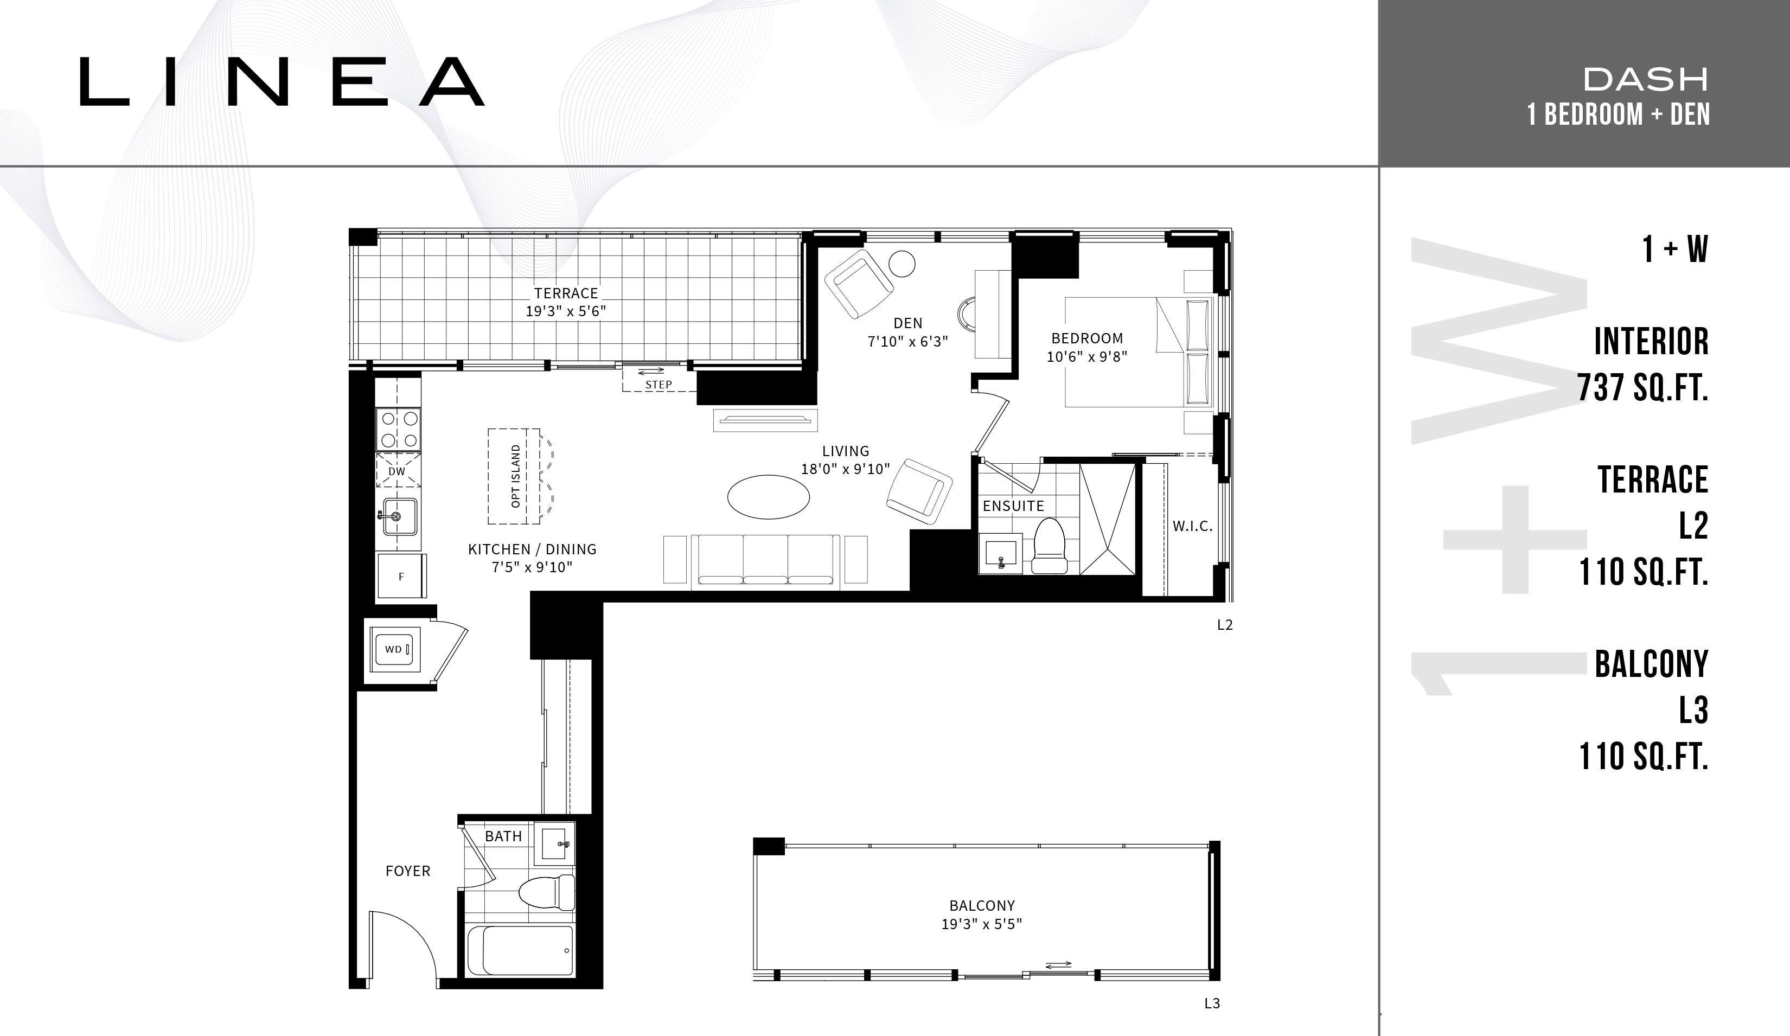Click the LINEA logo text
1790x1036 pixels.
tap(282, 82)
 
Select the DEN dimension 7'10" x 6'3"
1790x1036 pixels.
tap(908, 342)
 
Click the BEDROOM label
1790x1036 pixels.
tap(1088, 338)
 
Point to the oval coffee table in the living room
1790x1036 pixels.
tap(769, 497)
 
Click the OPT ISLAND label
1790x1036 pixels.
tap(516, 476)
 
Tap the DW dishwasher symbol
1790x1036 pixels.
tap(397, 471)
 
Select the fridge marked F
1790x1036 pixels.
tap(401, 576)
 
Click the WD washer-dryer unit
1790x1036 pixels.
tap(393, 649)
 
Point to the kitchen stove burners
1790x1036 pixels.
tap(399, 429)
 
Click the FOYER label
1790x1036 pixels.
tap(408, 871)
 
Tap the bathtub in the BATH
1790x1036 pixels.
tap(521, 951)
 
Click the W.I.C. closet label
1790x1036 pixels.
tap(1193, 526)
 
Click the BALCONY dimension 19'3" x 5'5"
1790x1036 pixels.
tap(982, 924)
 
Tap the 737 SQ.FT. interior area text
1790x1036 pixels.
tap(1643, 388)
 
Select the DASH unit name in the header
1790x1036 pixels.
tap(1646, 80)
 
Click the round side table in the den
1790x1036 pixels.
tap(902, 264)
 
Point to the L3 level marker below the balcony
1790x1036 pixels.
tap(1212, 1003)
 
